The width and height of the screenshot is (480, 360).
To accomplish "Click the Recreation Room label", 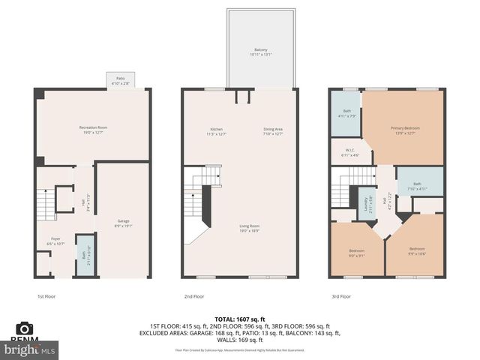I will pyautogui.click(x=93, y=128).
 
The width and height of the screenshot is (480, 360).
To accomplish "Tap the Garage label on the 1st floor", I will pyautogui.click(x=123, y=221).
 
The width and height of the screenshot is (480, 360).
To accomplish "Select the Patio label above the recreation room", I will pyautogui.click(x=120, y=78).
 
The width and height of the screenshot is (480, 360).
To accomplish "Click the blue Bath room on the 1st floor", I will pyautogui.click(x=85, y=256).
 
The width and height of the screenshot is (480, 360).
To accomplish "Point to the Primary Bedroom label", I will pyautogui.click(x=405, y=128).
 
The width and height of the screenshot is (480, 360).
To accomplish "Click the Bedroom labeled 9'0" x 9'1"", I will pyautogui.click(x=357, y=252).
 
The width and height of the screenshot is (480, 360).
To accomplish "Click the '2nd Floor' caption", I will pyautogui.click(x=193, y=296).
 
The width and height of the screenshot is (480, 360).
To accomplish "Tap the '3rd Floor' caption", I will pyautogui.click(x=340, y=296).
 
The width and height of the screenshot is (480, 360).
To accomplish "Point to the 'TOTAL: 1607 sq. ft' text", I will pyautogui.click(x=240, y=320).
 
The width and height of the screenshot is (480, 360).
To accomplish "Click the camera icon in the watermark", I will pyautogui.click(x=25, y=328).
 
